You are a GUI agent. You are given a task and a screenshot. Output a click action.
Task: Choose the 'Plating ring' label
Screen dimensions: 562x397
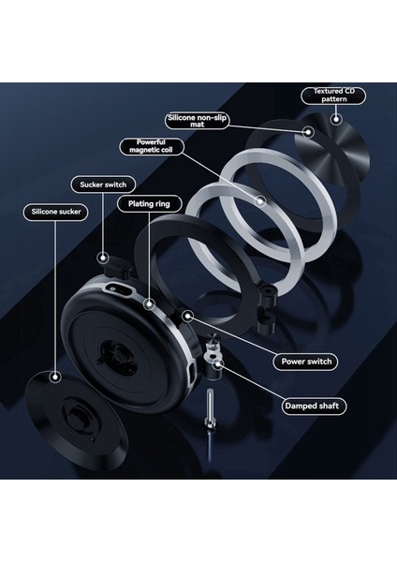pos(143,202)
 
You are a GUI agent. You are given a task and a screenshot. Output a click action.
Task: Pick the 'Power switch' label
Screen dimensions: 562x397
pos(306,361)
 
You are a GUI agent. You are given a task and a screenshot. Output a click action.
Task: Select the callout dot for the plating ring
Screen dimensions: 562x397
pos(147,303)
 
